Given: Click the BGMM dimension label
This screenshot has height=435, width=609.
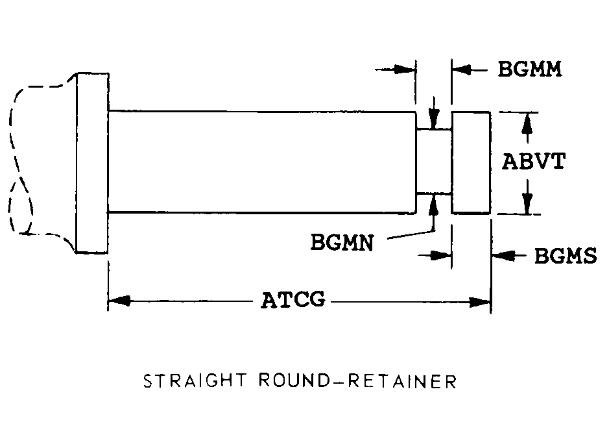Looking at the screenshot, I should [529, 69].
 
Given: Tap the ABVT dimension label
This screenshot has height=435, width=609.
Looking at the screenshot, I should [533, 161].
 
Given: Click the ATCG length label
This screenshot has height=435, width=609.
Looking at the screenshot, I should [293, 301].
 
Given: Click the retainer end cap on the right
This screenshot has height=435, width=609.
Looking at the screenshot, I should [471, 162].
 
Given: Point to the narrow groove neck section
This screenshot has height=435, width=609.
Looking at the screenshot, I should [433, 161].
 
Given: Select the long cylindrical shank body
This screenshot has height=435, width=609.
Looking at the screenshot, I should [261, 162].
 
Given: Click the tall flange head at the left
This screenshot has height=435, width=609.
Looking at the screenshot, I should [92, 162].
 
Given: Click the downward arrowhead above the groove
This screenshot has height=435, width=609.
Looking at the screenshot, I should [434, 121].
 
